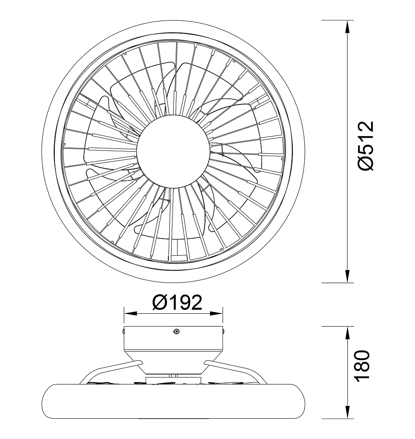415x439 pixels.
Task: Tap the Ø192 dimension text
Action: [177, 302]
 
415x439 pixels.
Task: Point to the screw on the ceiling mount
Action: [176, 332]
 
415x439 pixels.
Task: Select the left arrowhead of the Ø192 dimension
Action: [131, 313]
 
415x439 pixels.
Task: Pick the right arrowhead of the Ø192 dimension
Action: [216, 313]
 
